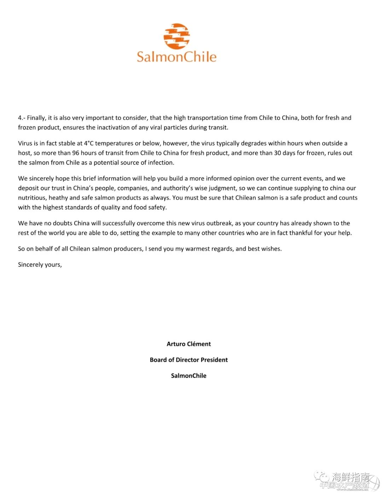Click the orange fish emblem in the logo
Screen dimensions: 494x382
pos(176,36)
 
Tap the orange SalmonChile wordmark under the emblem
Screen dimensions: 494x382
pos(176,57)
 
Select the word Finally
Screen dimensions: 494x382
pos(36,118)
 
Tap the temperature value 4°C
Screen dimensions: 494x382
pos(88,143)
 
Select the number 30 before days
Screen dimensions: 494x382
pos(278,153)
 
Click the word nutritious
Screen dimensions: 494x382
pos(31,198)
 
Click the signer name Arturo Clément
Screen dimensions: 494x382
pos(189,344)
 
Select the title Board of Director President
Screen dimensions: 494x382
pos(189,360)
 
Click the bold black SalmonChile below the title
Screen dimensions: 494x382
pos(189,376)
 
